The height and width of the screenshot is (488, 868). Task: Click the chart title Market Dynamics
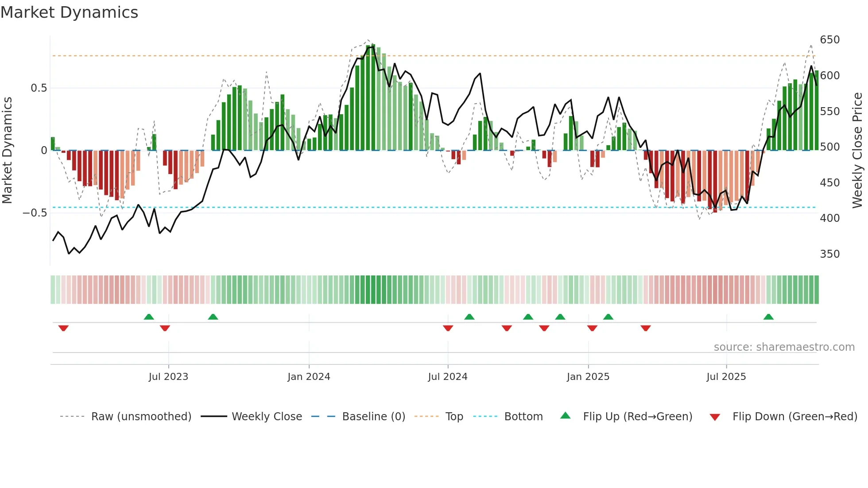point(69,12)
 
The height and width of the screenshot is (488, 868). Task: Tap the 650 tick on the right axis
point(829,40)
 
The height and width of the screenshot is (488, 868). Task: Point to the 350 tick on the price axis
point(829,254)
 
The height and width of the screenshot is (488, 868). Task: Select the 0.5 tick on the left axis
point(39,88)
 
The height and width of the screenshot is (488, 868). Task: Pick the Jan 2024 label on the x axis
point(309,377)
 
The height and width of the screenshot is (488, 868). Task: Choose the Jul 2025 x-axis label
point(726,377)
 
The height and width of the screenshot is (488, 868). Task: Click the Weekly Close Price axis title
point(857,151)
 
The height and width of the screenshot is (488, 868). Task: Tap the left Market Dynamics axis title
point(8,151)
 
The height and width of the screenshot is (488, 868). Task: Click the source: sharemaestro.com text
point(784,347)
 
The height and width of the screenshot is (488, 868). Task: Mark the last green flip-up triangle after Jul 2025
point(768,317)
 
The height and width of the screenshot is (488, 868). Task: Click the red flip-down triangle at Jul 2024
point(448,328)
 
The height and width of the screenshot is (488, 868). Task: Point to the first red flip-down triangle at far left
point(63,328)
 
